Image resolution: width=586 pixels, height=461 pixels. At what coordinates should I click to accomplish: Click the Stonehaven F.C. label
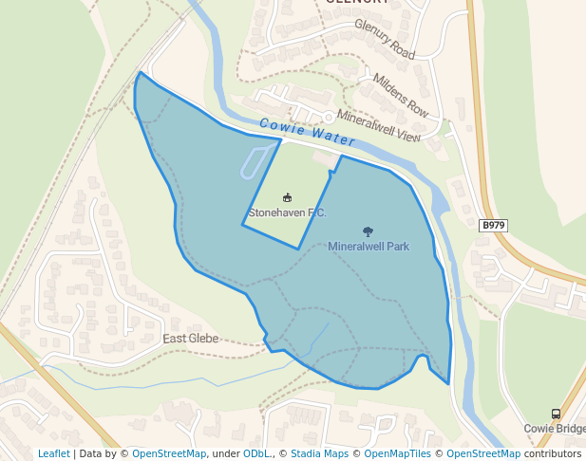pyautogui.click(x=287, y=213)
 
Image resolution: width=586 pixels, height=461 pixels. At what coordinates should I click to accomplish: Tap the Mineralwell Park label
pyautogui.click(x=369, y=247)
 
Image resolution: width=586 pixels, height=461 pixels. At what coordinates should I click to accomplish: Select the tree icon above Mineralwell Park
pyautogui.click(x=369, y=230)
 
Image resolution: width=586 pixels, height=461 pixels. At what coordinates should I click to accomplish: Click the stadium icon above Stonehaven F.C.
pyautogui.click(x=287, y=197)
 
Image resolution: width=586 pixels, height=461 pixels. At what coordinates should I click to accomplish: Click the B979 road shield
pyautogui.click(x=493, y=226)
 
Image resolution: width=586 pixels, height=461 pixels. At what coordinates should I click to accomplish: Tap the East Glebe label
pyautogui.click(x=190, y=339)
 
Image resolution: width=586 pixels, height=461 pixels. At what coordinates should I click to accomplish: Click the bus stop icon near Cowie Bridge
pyautogui.click(x=556, y=414)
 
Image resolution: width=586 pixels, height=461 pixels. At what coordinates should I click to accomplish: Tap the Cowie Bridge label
pyautogui.click(x=555, y=429)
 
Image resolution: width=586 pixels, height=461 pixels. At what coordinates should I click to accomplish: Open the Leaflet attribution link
pyautogui.click(x=54, y=454)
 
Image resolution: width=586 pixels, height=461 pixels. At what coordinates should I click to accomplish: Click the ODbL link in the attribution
pyautogui.click(x=256, y=454)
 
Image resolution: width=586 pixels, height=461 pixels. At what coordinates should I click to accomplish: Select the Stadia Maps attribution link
pyautogui.click(x=319, y=454)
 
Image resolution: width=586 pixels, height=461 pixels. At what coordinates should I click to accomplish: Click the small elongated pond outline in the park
pyautogui.click(x=255, y=162)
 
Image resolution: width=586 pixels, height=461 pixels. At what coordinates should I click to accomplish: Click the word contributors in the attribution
pyautogui.click(x=552, y=454)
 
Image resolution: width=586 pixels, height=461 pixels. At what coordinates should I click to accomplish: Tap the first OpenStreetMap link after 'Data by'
pyautogui.click(x=169, y=454)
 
